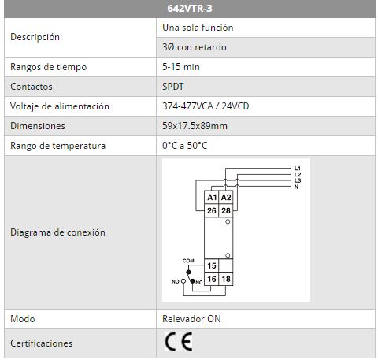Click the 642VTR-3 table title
(190, 9)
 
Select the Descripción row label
(35, 37)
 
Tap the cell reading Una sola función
(198, 28)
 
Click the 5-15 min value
(181, 67)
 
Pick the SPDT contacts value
(173, 87)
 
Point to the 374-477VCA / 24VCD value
(206, 106)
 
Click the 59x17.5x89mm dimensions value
(195, 126)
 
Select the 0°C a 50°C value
(185, 145)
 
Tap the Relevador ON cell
(191, 319)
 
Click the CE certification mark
(179, 341)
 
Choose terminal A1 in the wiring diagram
(212, 197)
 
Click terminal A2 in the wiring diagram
(226, 197)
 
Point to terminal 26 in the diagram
(212, 210)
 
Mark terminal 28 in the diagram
(226, 210)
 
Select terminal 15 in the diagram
(212, 265)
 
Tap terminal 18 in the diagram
(226, 279)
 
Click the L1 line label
(297, 169)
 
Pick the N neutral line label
(296, 187)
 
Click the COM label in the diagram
(188, 261)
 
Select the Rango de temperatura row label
(57, 146)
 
